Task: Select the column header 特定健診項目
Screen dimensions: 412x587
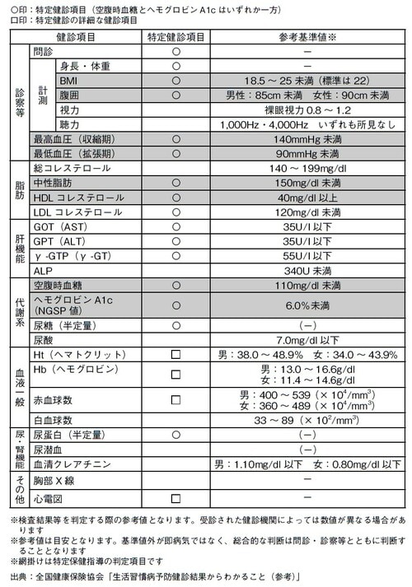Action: click(x=175, y=38)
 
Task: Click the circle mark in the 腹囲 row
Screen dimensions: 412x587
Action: click(x=175, y=96)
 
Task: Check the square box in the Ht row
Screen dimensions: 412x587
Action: click(x=175, y=354)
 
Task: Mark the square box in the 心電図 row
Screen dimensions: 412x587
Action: click(x=175, y=498)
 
